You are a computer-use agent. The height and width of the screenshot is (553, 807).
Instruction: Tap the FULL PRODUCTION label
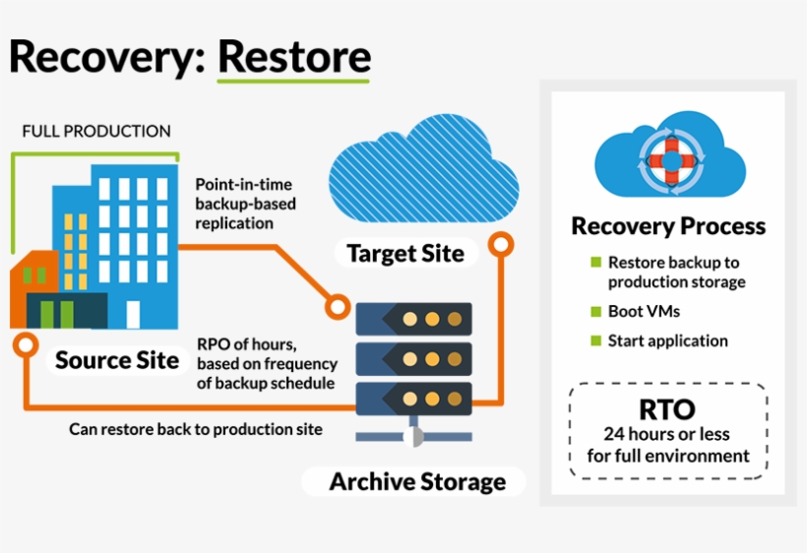(x=96, y=131)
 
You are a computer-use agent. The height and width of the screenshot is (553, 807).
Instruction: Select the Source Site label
(x=117, y=360)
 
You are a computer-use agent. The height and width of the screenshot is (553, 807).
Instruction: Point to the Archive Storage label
(x=417, y=482)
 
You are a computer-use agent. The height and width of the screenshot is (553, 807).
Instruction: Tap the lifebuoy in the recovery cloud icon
(x=668, y=156)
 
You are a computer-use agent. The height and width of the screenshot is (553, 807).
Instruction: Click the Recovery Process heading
(x=668, y=226)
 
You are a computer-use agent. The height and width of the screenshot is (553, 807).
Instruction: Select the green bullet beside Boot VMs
(x=595, y=312)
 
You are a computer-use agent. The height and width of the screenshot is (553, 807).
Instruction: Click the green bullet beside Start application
(x=595, y=341)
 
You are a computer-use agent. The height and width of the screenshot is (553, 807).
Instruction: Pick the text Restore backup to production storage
(x=675, y=273)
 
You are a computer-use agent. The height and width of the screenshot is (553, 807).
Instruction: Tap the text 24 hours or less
(x=668, y=434)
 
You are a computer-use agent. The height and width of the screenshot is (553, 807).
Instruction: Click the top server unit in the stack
(x=413, y=318)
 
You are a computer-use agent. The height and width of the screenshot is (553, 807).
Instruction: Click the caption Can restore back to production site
(x=196, y=430)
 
